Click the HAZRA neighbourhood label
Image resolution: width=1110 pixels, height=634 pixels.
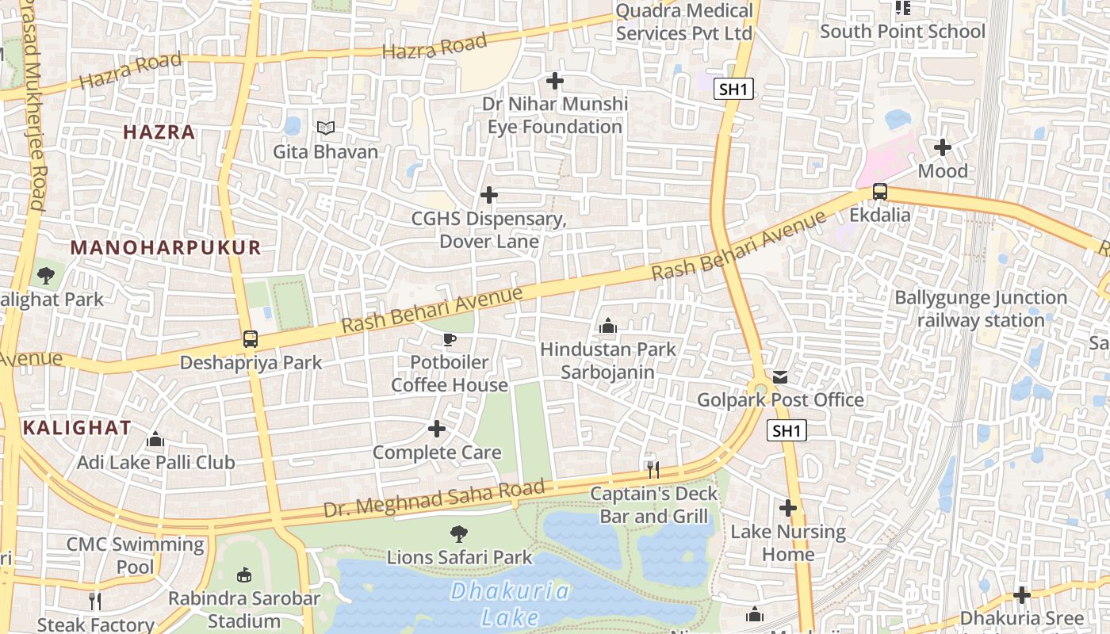(159, 132)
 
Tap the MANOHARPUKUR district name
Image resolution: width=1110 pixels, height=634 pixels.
(166, 247)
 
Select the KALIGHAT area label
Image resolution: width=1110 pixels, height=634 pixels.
(77, 428)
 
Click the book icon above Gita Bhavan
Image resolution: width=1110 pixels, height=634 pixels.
(325, 128)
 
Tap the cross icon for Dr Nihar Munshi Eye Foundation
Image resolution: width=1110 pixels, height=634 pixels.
(555, 81)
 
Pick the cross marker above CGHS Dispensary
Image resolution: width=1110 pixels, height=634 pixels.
(489, 195)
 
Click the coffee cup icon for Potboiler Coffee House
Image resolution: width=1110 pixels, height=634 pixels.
(450, 340)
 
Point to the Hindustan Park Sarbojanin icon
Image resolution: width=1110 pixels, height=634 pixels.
(608, 326)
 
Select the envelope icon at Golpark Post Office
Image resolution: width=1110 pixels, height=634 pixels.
(780, 376)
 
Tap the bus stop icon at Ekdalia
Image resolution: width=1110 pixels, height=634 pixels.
(879, 192)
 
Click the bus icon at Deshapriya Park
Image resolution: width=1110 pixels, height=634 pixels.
(251, 339)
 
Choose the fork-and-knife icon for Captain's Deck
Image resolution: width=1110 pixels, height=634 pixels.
(653, 470)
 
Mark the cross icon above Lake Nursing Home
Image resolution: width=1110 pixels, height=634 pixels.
(788, 508)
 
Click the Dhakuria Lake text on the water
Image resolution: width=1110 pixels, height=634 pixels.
(510, 604)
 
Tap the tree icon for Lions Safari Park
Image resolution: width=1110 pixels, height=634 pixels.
(459, 534)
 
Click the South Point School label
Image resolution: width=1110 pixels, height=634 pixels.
(902, 32)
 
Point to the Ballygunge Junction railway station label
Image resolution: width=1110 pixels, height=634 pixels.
(981, 309)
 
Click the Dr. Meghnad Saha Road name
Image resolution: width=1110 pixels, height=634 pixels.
(434, 498)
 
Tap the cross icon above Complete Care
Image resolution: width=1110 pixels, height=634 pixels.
(437, 430)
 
